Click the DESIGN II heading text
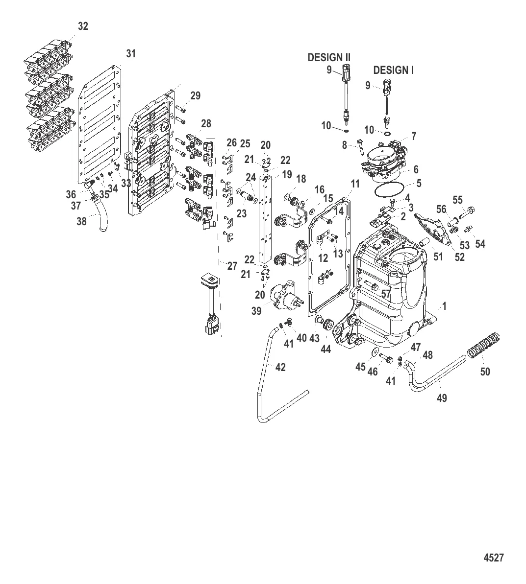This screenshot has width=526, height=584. tap(328, 58)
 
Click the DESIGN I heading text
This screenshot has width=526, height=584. tap(393, 70)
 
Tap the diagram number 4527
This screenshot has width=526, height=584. tap(493, 558)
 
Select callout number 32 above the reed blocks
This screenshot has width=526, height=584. tap(83, 26)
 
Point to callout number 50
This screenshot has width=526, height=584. tap(484, 372)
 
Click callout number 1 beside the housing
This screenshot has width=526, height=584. tap(444, 306)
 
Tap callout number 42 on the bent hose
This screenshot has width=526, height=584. tap(280, 367)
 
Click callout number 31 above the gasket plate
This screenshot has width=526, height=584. tap(131, 54)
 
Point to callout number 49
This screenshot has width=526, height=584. tap(441, 398)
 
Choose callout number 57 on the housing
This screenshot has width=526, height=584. tap(386, 294)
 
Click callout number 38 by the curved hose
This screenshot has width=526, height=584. tap(81, 221)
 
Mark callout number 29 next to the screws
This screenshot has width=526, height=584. tap(195, 96)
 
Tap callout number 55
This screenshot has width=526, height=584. tap(457, 200)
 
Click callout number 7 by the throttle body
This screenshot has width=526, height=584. tap(414, 136)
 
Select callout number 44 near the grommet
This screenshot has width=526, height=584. tap(325, 349)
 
